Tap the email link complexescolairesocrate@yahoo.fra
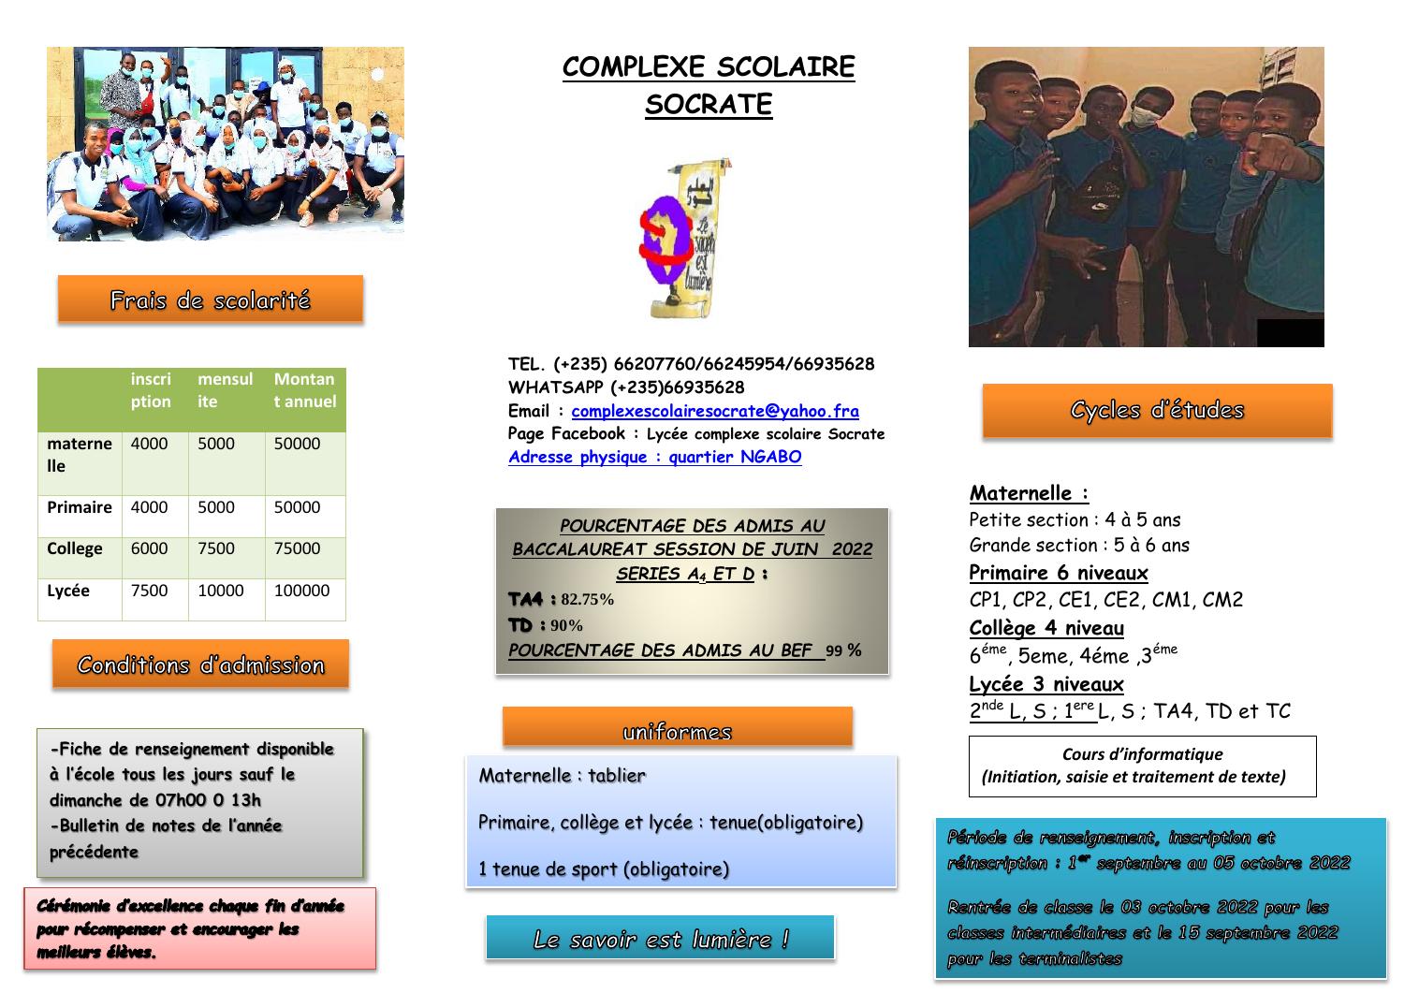[x=715, y=411]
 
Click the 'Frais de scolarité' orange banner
[x=210, y=299]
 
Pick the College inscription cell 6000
[x=150, y=548]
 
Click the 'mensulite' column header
[x=225, y=390]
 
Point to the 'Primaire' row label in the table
[x=80, y=507]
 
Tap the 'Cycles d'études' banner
[x=1157, y=410]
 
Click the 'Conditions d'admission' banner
[x=200, y=664]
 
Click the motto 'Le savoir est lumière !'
[x=660, y=939]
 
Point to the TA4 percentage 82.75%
[x=587, y=600]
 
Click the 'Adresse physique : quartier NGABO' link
[x=655, y=457]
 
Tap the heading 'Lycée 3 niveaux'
[x=1046, y=684]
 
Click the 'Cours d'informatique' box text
[x=1142, y=765]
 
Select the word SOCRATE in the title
[x=709, y=104]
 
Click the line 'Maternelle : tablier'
[x=562, y=775]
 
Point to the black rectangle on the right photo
[x=1290, y=333]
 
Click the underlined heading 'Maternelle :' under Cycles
[x=1029, y=493]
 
